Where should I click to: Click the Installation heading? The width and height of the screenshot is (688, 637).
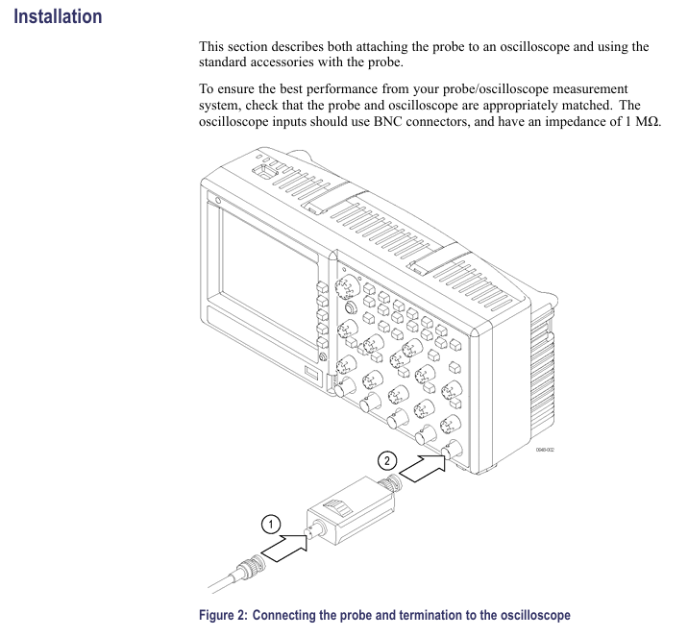[58, 16]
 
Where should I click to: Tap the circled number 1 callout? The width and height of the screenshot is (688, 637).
[272, 524]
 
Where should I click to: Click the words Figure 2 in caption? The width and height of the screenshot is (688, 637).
[223, 615]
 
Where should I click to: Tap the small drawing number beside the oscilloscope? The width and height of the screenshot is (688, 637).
[544, 449]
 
